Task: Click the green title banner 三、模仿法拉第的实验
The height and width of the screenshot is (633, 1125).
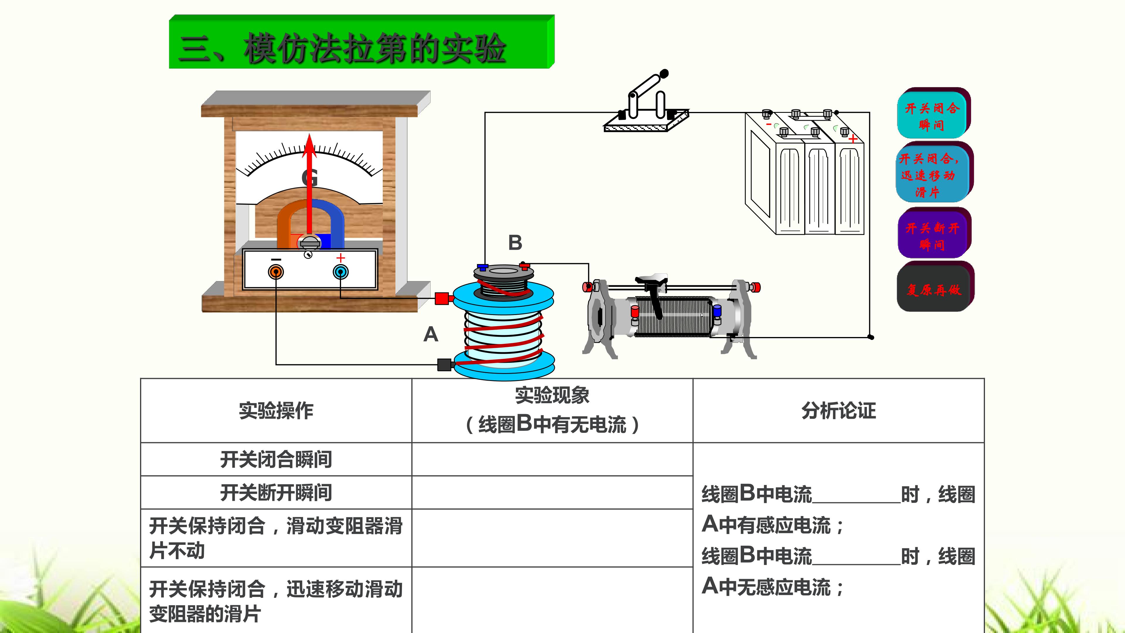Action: coord(362,42)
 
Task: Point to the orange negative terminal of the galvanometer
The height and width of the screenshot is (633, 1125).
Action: coord(276,272)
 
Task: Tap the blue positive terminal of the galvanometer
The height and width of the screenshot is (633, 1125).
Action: coord(341,272)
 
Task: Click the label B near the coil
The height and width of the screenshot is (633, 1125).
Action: coord(515,242)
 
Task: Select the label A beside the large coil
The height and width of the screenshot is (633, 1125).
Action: coord(431,334)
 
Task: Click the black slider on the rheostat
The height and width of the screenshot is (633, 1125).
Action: coord(653,293)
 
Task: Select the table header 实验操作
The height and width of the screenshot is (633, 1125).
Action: coord(276,411)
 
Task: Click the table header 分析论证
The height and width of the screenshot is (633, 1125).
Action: coord(838,411)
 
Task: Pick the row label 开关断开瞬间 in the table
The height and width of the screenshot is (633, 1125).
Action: coord(276,492)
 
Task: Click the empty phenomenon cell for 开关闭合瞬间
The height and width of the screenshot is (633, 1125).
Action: coord(553,459)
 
